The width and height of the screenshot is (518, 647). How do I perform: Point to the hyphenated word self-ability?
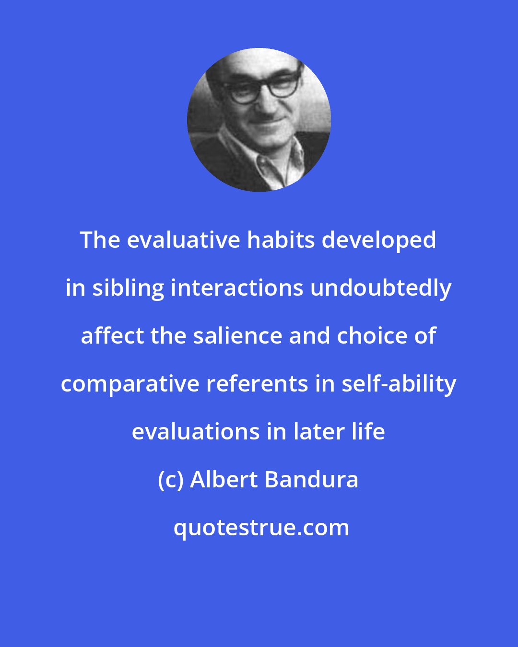[x=399, y=384]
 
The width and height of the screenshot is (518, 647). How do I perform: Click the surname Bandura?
[x=311, y=480]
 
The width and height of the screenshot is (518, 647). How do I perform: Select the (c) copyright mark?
[x=171, y=480]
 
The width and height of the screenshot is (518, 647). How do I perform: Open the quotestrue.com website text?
[x=261, y=528]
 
